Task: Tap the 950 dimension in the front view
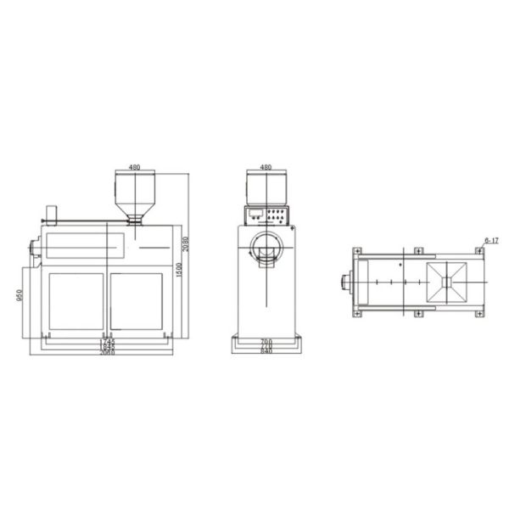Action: [20, 297]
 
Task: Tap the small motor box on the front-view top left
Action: [51, 212]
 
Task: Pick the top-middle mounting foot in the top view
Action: [417, 250]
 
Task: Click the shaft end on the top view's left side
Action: [344, 281]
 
